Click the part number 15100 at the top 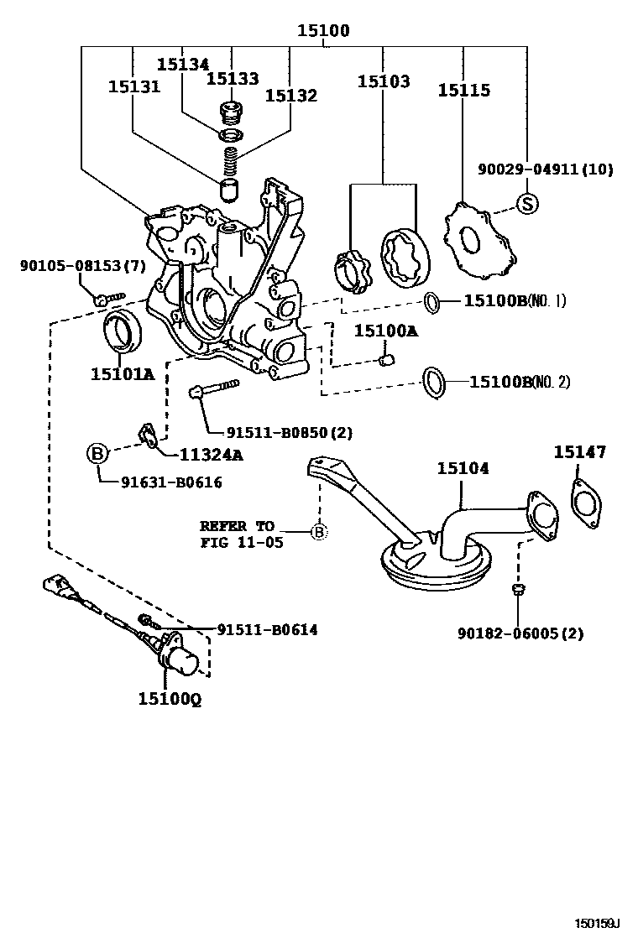tap(322, 31)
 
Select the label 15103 tap(384, 81)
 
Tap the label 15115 tap(463, 90)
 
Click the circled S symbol tap(526, 202)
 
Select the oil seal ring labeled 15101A tap(122, 331)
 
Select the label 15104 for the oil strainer tap(462, 468)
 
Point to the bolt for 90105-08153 tap(107, 297)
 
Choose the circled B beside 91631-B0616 tap(98, 454)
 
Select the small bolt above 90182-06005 tap(519, 591)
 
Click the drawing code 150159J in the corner tap(596, 923)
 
